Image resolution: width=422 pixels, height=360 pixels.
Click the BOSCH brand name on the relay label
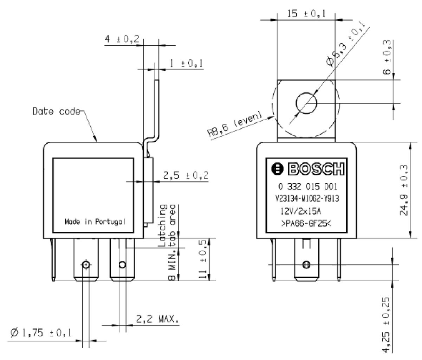316,169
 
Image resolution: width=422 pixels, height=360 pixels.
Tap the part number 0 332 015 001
308,186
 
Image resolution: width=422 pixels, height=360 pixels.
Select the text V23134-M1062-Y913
307,198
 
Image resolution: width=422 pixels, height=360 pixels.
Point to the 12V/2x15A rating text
301,211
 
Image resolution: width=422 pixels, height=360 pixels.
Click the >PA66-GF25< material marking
306,224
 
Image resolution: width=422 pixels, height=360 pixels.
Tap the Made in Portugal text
95,222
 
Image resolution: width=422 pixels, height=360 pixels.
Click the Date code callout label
56,111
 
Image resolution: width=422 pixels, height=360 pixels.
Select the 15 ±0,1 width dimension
306,14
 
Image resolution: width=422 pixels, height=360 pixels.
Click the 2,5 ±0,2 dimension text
186,175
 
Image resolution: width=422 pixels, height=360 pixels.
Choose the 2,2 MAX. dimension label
157,319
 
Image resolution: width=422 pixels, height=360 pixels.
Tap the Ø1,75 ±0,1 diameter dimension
41,333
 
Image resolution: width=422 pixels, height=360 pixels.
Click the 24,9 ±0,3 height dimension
403,190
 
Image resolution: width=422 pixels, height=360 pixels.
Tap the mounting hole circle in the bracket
306,103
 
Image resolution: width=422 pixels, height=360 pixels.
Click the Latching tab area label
167,226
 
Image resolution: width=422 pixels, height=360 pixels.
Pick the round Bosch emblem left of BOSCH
277,169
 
